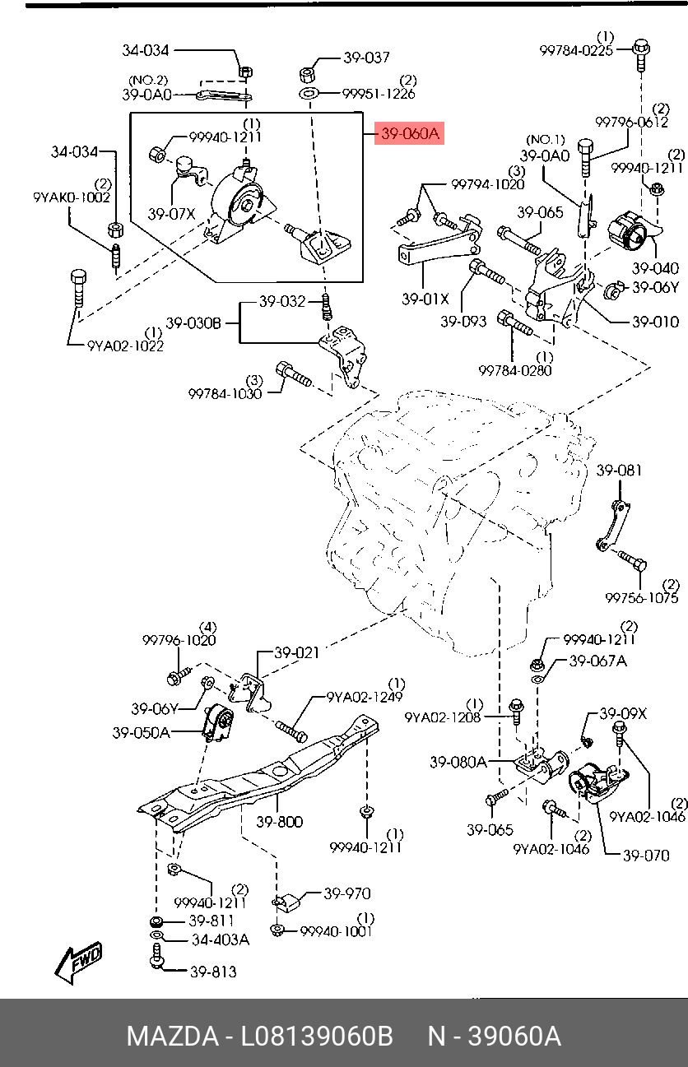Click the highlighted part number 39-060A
[409, 133]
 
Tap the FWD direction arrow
[78, 962]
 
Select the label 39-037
[366, 58]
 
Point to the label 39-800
[279, 821]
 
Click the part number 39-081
[619, 471]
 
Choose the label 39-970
[346, 893]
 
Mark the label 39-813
[213, 972]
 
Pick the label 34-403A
[220, 939]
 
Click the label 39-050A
[141, 731]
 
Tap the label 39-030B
[193, 323]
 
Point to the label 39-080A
[458, 763]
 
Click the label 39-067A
[597, 660]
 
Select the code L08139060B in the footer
[316, 1037]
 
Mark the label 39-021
[296, 653]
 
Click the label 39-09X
[623, 714]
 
